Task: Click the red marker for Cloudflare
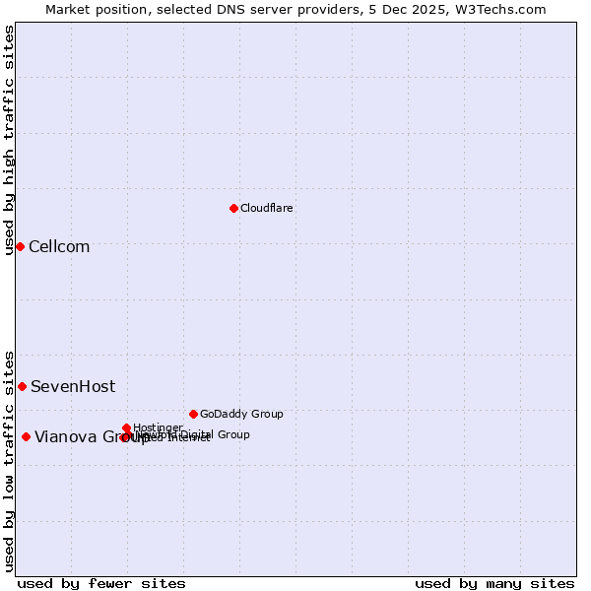pos(233,208)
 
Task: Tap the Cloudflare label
pos(267,209)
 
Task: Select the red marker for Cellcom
pos(20,246)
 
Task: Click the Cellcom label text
pos(59,247)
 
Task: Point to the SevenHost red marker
pos(22,386)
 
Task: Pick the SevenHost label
pos(73,387)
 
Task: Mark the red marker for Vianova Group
pos(26,437)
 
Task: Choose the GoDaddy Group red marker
pos(193,414)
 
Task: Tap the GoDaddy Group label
pos(241,415)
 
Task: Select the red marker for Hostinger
pos(127,427)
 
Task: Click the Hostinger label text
pos(158,427)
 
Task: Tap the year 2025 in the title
pos(429,9)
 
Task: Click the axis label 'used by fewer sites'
pos(101,584)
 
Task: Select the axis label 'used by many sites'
pos(494,584)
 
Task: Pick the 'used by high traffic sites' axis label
pos(10,141)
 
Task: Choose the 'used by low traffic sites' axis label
pos(10,460)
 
